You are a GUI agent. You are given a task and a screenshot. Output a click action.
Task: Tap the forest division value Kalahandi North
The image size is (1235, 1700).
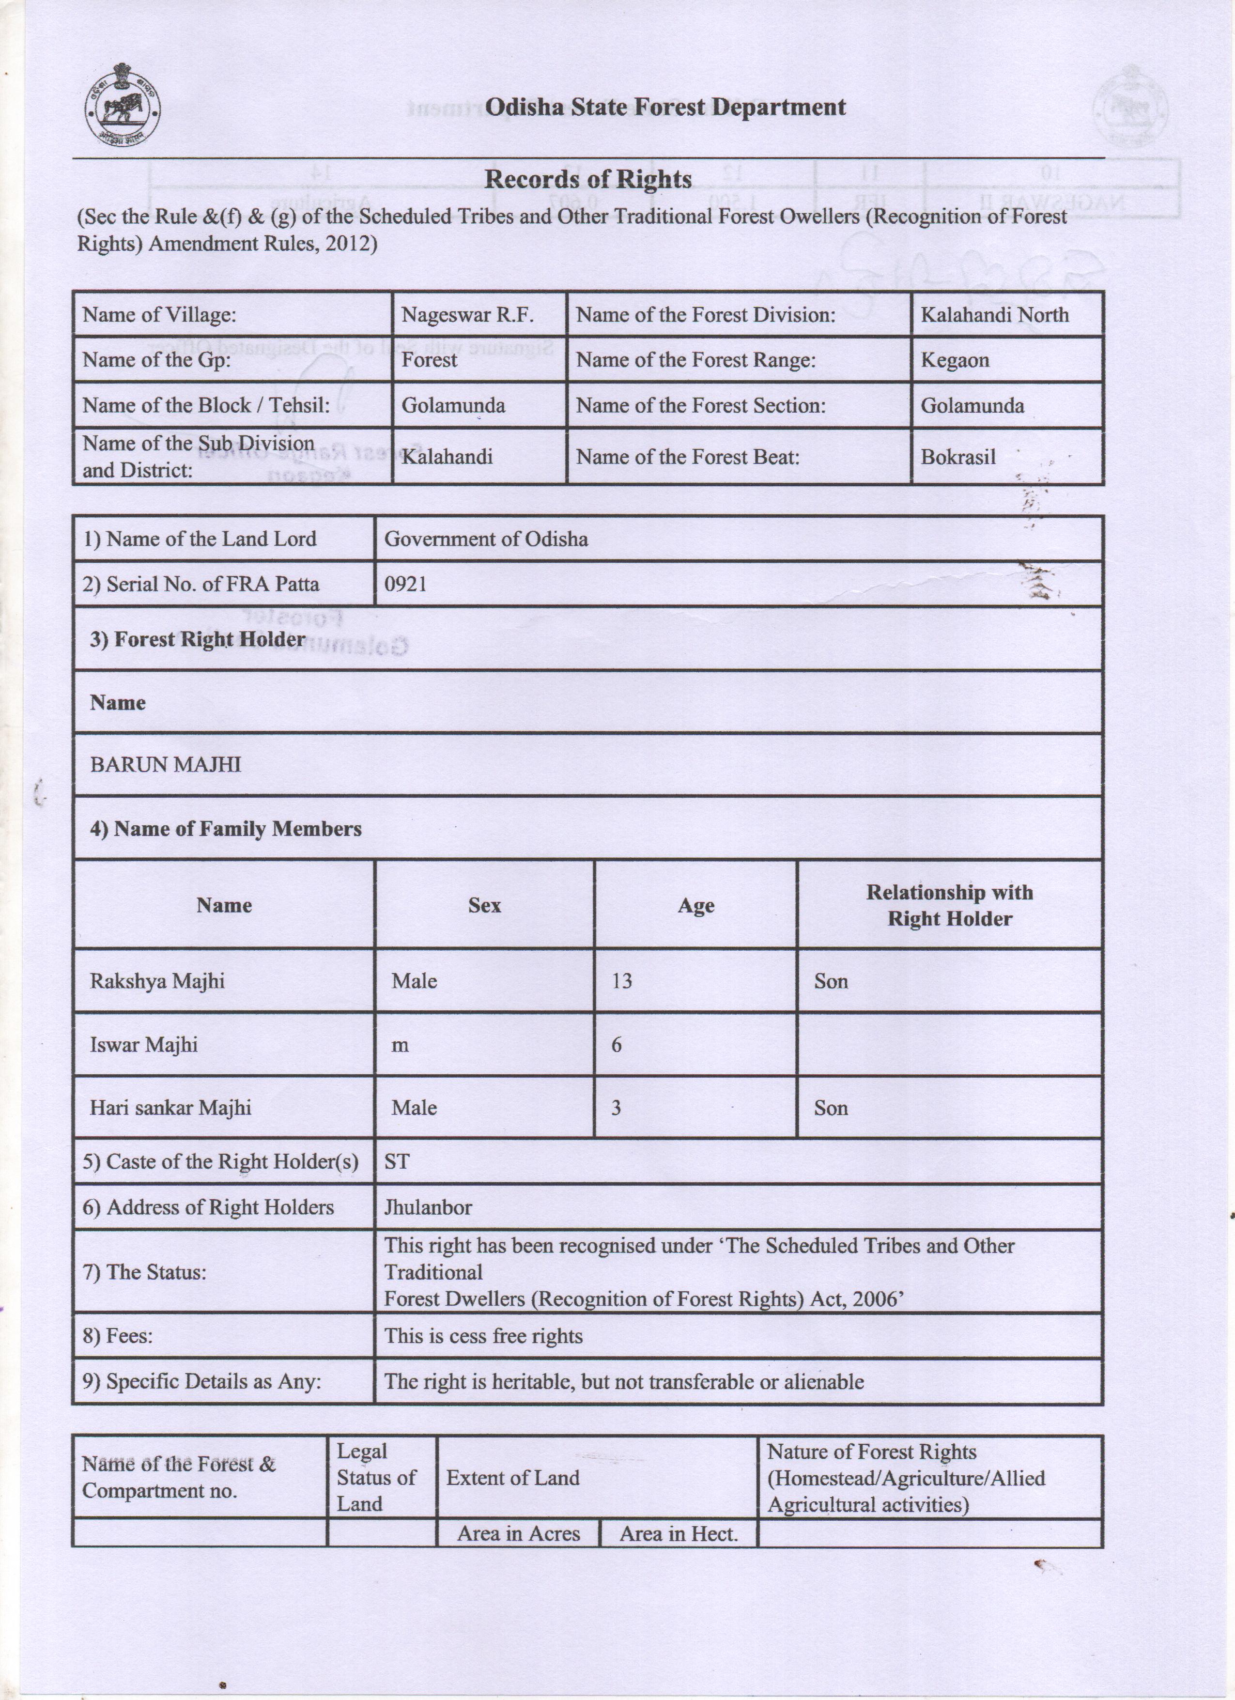click(994, 315)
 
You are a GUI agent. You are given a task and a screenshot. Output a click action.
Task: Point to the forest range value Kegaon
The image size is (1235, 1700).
click(954, 360)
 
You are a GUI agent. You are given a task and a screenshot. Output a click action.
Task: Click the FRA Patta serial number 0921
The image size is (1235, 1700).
click(405, 584)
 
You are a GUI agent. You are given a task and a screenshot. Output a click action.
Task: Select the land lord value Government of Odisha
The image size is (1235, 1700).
click(486, 539)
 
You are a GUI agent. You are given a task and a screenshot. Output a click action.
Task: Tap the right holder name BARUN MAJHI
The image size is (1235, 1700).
click(165, 765)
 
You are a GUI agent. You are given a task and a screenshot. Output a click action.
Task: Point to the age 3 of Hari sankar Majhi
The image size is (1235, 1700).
click(616, 1108)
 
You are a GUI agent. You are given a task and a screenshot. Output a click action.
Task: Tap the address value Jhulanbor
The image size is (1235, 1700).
click(428, 1207)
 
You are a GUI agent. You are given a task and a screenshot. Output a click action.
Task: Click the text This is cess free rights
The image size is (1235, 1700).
click(483, 1336)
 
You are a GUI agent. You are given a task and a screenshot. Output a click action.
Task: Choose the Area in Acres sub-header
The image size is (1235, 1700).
click(519, 1533)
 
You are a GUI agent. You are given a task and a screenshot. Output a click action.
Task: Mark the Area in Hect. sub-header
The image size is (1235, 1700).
click(678, 1533)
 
